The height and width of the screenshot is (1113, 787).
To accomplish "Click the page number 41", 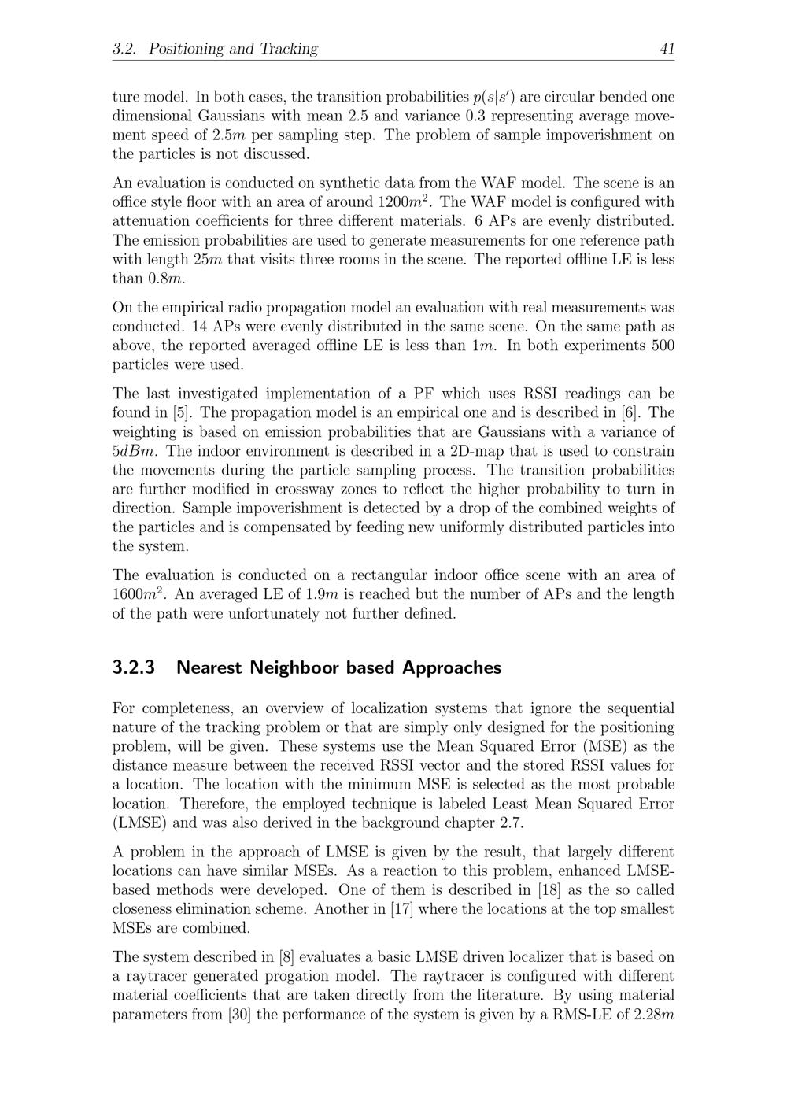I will click(667, 49).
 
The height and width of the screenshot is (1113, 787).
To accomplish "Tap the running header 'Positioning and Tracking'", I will click(233, 49).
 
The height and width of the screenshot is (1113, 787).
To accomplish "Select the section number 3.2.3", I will click(134, 667).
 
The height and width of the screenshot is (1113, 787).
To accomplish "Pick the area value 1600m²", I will click(138, 594).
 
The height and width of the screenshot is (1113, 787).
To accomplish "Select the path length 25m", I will click(207, 260).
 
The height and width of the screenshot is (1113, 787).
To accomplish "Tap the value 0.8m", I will click(166, 279).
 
